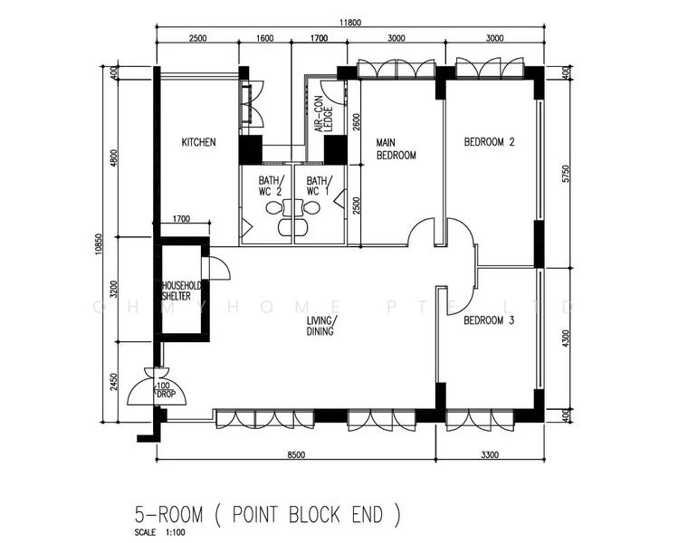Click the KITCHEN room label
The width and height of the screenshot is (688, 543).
(199, 142)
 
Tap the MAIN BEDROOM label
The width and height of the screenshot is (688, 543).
(396, 148)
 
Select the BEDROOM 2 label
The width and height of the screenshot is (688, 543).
(489, 142)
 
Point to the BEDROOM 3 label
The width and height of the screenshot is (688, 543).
(489, 320)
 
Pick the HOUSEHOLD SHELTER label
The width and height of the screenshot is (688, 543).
(181, 291)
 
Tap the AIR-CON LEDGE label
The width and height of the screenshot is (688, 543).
(324, 114)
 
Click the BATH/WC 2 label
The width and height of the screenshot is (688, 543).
(271, 186)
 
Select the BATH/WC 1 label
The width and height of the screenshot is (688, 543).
(319, 186)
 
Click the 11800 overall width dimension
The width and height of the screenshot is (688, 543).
(350, 23)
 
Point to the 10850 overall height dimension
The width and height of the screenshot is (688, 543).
(99, 244)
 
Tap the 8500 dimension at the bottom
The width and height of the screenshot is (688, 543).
(296, 455)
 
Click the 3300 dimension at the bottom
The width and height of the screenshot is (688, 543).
(490, 455)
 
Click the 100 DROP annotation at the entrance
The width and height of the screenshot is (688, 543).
(166, 390)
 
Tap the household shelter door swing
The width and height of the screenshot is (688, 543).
(220, 268)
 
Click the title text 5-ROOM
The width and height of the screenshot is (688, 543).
(169, 514)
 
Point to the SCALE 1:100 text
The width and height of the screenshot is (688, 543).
(159, 533)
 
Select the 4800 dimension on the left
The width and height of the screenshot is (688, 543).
(114, 157)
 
